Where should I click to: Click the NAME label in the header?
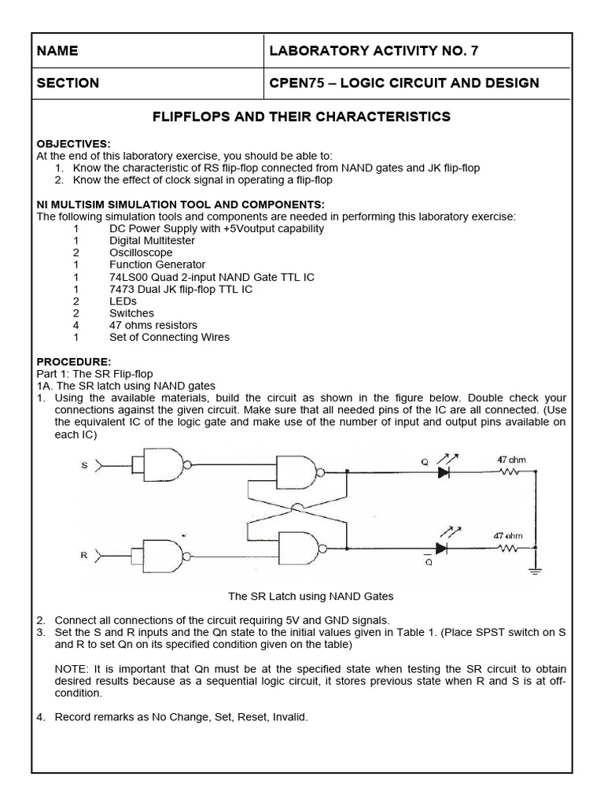click(57, 51)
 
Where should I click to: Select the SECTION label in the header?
click(68, 83)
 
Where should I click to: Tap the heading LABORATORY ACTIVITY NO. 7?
click(373, 51)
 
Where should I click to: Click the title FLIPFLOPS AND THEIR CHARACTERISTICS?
click(300, 116)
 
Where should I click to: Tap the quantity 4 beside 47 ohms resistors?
click(76, 325)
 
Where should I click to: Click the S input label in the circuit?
click(84, 466)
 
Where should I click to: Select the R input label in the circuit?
click(84, 555)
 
